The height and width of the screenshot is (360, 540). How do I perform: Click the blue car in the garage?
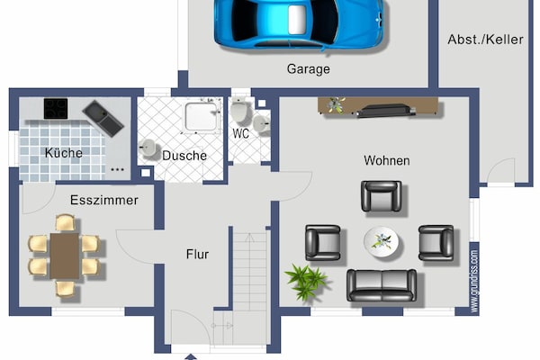[x=299, y=23]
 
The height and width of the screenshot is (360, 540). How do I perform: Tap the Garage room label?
[x=308, y=69]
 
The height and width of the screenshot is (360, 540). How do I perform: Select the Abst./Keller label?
[x=486, y=40]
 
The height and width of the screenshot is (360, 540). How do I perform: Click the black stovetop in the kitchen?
[x=56, y=109]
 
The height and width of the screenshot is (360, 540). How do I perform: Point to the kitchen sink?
[x=103, y=119]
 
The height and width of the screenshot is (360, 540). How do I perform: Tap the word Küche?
[x=64, y=153]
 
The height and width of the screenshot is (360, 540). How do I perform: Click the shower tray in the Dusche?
[x=202, y=117]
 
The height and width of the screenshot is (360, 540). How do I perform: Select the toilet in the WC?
[x=238, y=110]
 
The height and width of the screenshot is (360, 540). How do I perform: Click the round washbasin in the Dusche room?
[x=148, y=148]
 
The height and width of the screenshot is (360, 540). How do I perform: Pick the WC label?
[x=240, y=134]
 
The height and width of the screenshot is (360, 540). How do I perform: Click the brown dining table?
[x=65, y=256]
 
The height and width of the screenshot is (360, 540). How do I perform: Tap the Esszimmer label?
[x=104, y=200]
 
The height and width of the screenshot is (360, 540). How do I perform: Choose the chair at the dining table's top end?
[x=65, y=223]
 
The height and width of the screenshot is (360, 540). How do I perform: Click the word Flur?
[x=197, y=254]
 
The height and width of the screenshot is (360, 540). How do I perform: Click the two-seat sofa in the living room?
[x=382, y=285]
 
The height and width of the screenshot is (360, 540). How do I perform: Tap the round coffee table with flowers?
[x=382, y=241]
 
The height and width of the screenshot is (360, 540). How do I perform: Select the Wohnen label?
[x=387, y=160]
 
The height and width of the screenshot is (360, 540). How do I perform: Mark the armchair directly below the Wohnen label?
[x=382, y=196]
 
